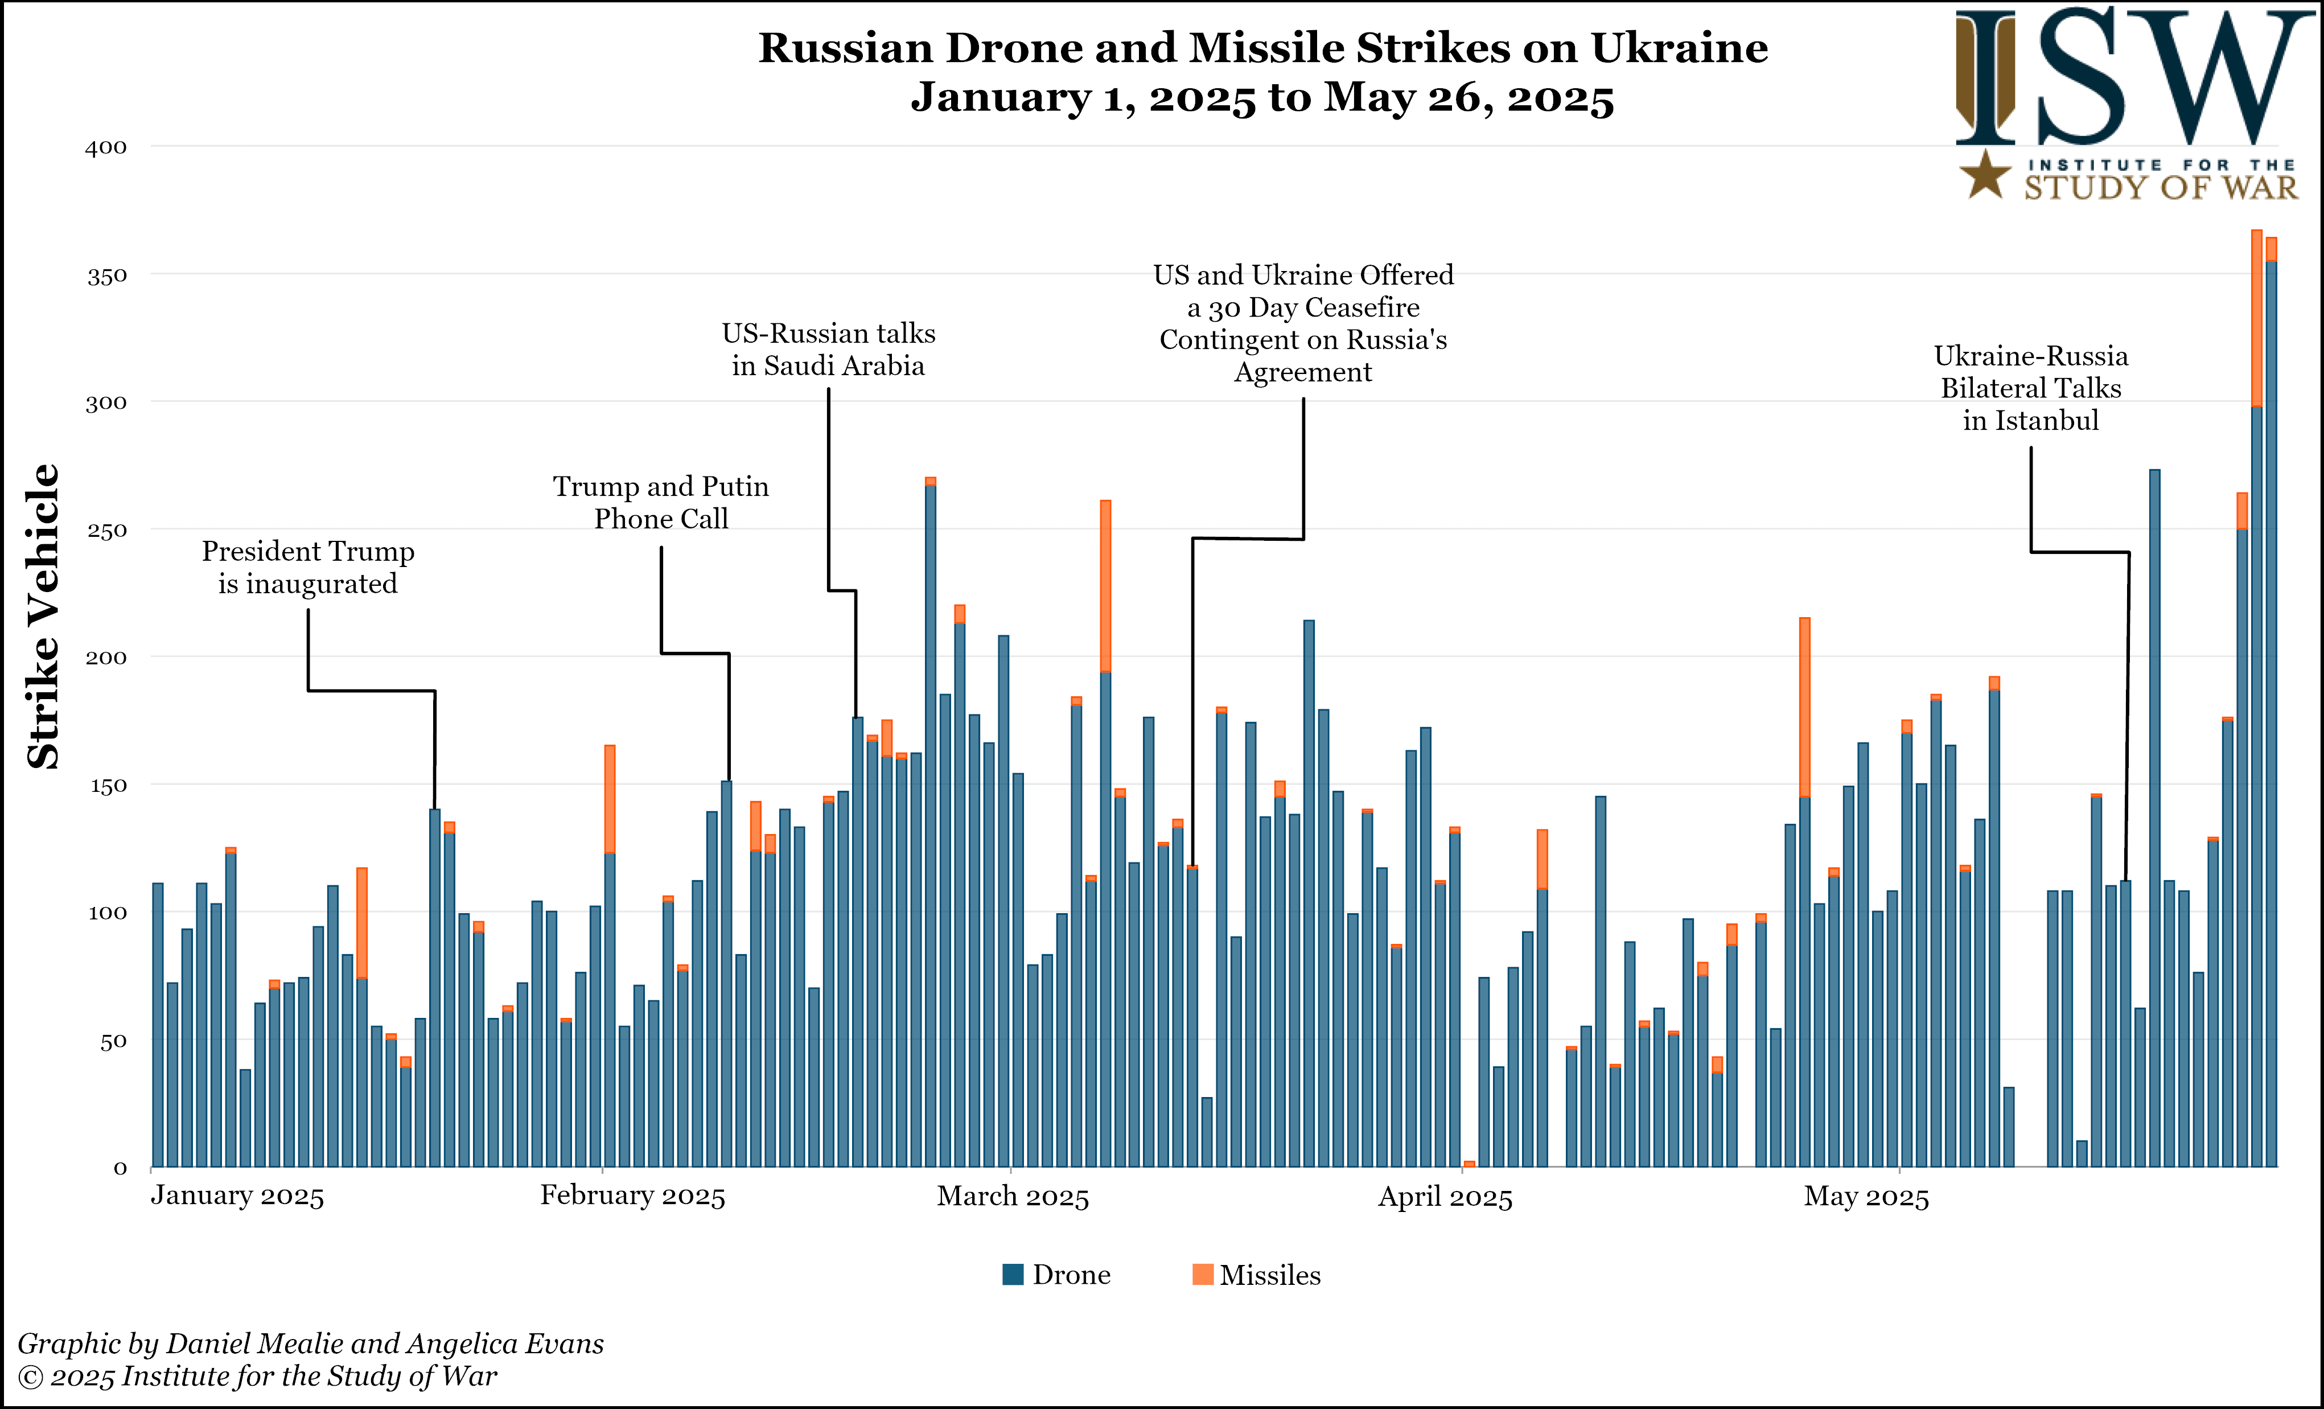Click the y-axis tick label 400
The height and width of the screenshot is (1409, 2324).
(x=106, y=147)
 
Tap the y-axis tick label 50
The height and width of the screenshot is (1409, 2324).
(x=112, y=1041)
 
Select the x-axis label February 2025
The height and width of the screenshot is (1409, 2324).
(x=632, y=1196)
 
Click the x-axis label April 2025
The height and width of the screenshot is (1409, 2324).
(x=1445, y=1197)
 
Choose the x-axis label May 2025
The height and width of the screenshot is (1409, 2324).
(x=1866, y=1197)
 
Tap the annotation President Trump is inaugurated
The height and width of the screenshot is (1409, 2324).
(x=307, y=567)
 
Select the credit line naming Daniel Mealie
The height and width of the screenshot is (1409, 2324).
(x=310, y=1343)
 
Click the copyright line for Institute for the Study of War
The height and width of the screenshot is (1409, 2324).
(x=257, y=1376)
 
